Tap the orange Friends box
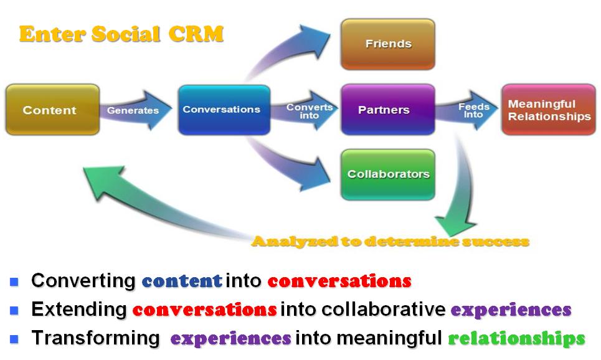[x=387, y=44]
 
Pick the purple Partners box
[x=387, y=110]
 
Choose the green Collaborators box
[x=387, y=174]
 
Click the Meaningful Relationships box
[x=548, y=110]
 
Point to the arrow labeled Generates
[x=135, y=111]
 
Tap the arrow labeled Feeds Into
[x=471, y=110]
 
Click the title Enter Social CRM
[x=121, y=34]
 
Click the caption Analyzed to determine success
[x=390, y=242]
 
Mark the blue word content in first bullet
[x=182, y=281]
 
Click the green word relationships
[x=516, y=338]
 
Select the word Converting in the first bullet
[x=83, y=281]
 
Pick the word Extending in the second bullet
[x=79, y=310]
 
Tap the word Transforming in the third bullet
[x=95, y=338]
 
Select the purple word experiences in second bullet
[x=510, y=310]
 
